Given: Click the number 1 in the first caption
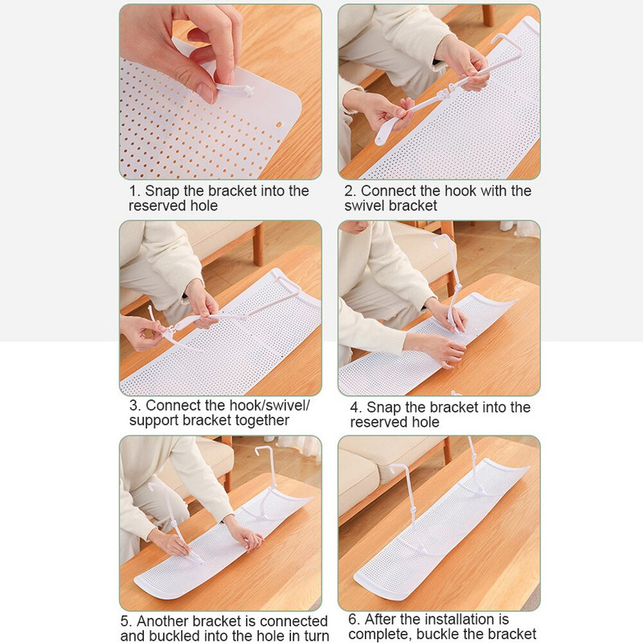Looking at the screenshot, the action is [x=133, y=191].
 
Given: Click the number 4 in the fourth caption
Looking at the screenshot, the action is [x=355, y=408].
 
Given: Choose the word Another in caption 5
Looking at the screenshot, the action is [x=162, y=620].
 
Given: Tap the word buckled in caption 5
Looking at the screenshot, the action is [x=174, y=636].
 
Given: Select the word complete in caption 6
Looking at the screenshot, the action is [x=376, y=634].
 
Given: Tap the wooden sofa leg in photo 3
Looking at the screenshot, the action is [x=258, y=244].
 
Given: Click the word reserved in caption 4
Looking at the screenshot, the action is [x=372, y=423].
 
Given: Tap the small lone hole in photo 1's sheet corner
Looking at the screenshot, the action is [x=279, y=125].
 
